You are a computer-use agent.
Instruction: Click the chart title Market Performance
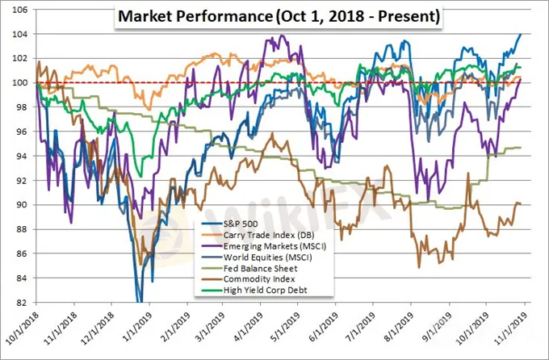[x=279, y=17]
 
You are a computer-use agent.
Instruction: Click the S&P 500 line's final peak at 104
[x=521, y=34]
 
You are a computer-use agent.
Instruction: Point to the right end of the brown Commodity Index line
[x=521, y=203]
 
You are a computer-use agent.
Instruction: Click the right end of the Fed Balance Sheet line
[x=521, y=148]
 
